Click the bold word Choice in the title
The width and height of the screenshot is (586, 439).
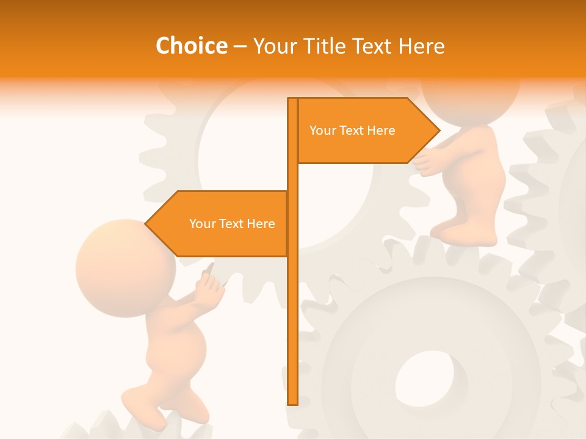[x=191, y=46]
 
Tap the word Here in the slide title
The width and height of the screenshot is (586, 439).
[x=421, y=46]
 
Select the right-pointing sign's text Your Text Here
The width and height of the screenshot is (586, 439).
[x=352, y=130]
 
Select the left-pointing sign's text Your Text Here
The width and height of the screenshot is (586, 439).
[x=232, y=224]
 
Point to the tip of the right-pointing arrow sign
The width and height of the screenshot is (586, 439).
[x=439, y=130]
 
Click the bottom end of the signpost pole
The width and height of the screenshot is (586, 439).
[x=292, y=402]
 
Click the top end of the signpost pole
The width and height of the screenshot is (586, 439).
[x=292, y=100]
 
